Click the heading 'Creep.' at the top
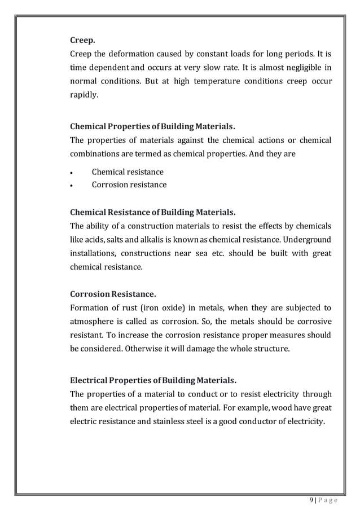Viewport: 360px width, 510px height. (82, 40)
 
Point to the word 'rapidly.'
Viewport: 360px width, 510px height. (84, 95)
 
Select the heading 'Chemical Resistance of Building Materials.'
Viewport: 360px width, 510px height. (152, 213)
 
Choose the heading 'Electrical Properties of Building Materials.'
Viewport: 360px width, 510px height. (152, 380)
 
